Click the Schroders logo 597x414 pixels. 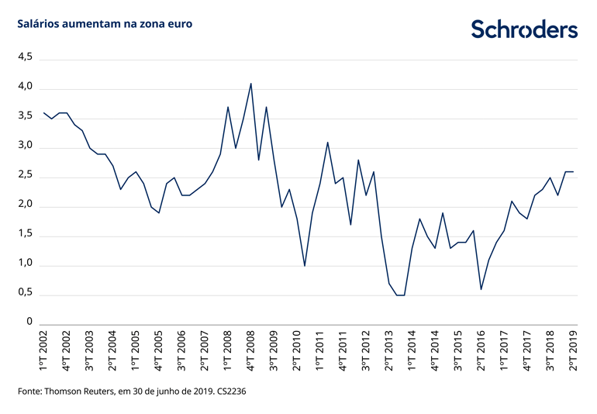tap(525, 29)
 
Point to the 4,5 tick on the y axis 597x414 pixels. tap(25, 57)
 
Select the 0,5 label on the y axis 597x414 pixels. tap(25, 294)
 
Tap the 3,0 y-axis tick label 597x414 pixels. tap(25, 146)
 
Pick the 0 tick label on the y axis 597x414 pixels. tap(29, 321)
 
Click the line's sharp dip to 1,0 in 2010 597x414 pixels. tap(305, 266)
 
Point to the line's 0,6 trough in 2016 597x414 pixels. tap(481, 289)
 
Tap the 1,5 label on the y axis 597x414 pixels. tap(25, 234)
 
